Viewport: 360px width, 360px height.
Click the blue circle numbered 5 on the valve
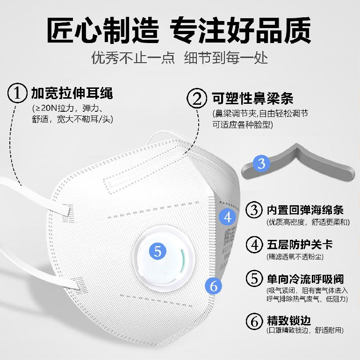point(158,252)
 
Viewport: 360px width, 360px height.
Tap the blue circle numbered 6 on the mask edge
point(214,286)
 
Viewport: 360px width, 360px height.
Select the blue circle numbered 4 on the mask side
point(228,217)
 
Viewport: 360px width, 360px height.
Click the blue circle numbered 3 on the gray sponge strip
point(262,164)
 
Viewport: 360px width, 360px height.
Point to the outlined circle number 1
point(17,93)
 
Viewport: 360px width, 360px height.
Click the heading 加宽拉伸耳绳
point(72,93)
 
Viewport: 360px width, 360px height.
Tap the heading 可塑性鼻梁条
point(252,99)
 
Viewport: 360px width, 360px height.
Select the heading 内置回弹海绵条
point(305,209)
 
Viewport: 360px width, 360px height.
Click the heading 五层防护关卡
point(300,244)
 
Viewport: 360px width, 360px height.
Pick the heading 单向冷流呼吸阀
point(305,279)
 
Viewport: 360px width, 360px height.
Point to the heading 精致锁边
point(288,321)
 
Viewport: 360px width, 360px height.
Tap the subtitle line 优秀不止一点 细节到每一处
point(180,58)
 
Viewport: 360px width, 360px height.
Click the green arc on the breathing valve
point(182,260)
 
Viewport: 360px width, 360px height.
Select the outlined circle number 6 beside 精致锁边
point(254,322)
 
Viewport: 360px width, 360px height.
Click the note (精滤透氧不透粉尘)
point(295,257)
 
